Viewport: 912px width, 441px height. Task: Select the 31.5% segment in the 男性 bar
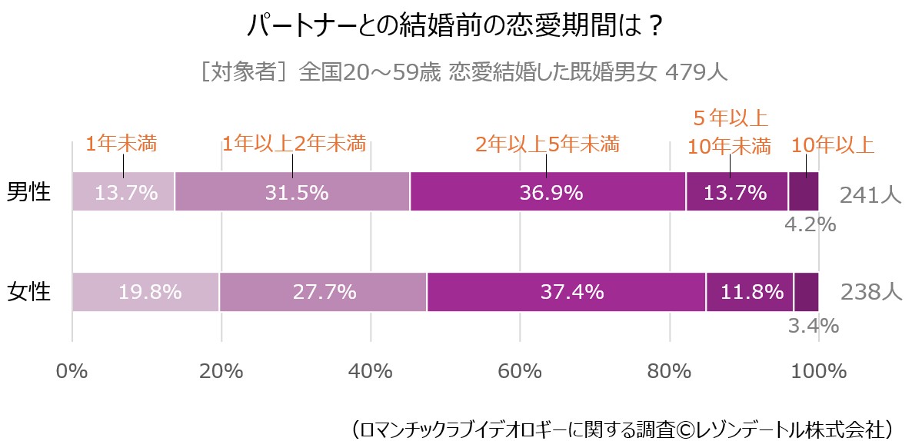(292, 191)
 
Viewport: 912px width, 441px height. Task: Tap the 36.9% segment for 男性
(548, 191)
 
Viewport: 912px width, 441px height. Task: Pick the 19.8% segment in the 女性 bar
(145, 292)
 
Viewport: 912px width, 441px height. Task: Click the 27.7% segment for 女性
(323, 292)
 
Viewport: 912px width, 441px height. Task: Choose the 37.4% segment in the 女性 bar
(566, 292)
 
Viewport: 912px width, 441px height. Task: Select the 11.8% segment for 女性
(750, 292)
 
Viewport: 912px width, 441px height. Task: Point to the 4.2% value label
(810, 225)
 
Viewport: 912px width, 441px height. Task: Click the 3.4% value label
(813, 326)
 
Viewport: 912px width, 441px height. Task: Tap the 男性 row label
(28, 191)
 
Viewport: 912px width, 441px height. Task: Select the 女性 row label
(28, 292)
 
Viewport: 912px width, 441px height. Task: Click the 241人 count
(870, 194)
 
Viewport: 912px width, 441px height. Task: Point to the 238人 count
(870, 293)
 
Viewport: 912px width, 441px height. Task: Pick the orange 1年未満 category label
(121, 144)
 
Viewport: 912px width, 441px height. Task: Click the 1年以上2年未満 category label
(294, 144)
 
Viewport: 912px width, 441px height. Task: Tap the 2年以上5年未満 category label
(547, 144)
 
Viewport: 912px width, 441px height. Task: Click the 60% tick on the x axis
(521, 371)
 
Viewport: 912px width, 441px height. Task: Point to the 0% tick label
(72, 371)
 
